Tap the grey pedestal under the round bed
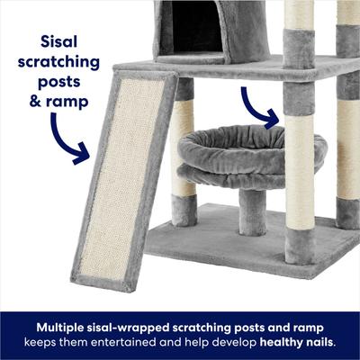pos(253,211)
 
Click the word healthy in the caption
pos(287,342)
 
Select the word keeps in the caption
pos(40,342)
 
